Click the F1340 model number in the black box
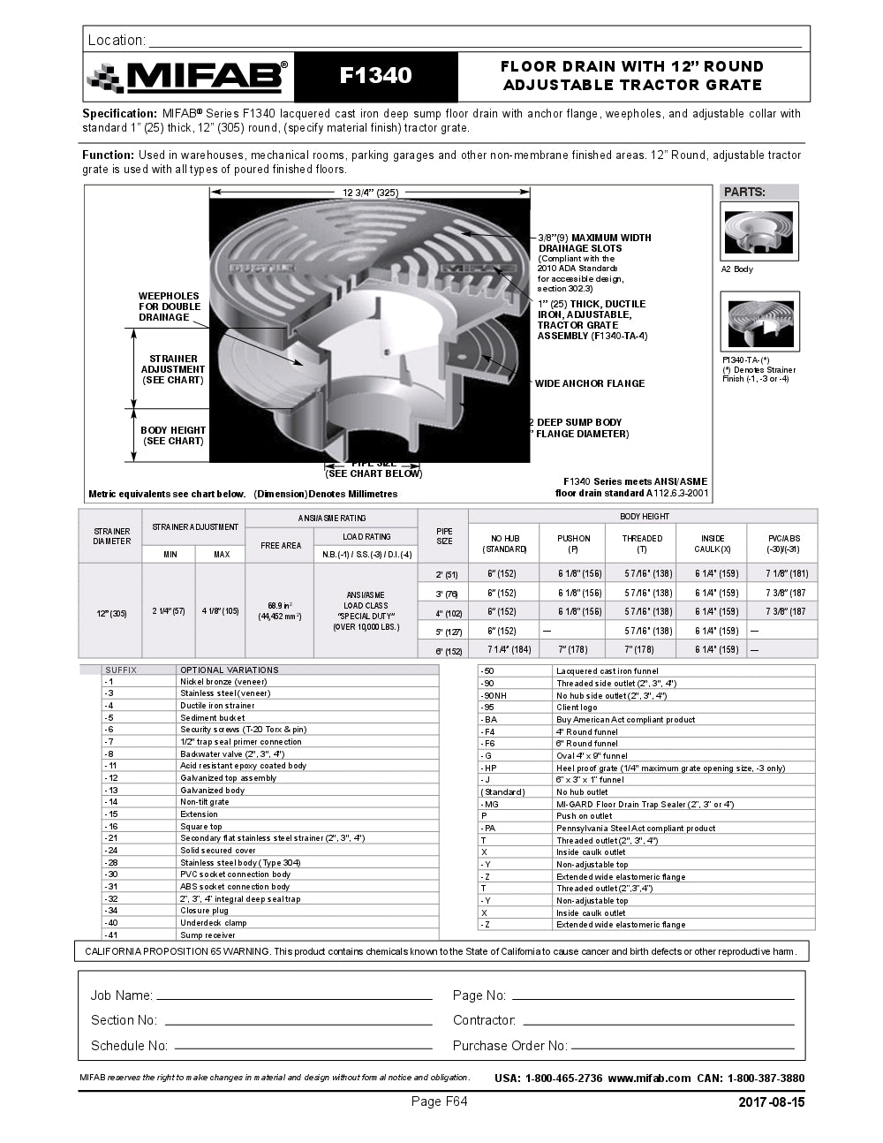pos(376,76)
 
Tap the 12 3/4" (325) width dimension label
pos(370,192)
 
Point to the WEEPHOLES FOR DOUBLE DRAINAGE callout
pos(169,307)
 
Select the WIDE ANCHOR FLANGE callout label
pos(589,383)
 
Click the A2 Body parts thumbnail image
pos(759,231)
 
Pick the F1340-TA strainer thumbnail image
pos(759,322)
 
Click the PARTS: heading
pos(744,192)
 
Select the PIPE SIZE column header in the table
pos(444,536)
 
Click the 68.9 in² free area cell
pos(280,611)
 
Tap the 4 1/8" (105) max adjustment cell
pos(221,611)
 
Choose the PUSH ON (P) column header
pos(574,543)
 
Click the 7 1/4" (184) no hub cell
pos(509,650)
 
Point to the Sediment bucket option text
pos(213,718)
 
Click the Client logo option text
pos(577,708)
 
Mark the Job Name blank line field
pos(294,997)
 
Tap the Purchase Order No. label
pos(509,1046)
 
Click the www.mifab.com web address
pos(648,1079)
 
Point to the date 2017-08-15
pos(771,1101)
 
